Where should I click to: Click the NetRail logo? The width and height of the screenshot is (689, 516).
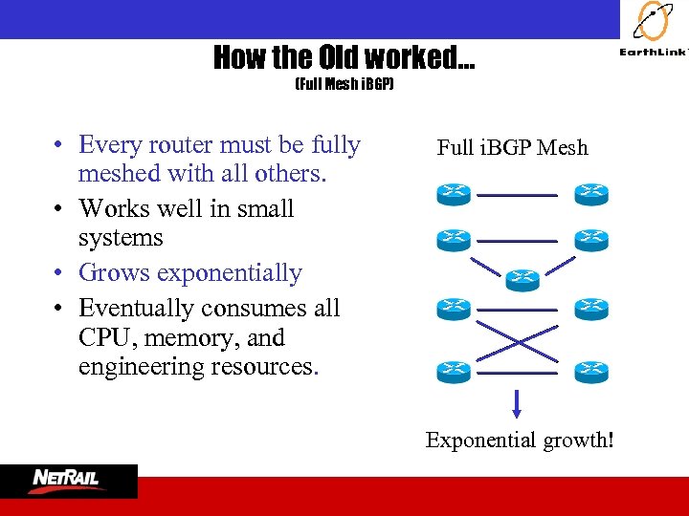coord(69,480)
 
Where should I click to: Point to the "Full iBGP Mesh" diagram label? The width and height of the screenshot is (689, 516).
coord(512,147)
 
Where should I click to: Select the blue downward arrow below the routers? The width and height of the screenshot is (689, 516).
coord(517,403)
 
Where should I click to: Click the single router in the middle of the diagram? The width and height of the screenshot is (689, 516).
coord(522,279)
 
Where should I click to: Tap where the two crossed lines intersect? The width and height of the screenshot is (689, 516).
coord(517,339)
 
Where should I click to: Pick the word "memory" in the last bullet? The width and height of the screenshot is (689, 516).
coord(189,338)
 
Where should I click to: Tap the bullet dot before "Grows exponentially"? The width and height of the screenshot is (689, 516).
coord(59,274)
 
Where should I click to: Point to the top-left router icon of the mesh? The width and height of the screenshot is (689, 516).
coord(454,194)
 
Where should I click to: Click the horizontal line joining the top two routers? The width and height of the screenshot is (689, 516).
coord(517,195)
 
